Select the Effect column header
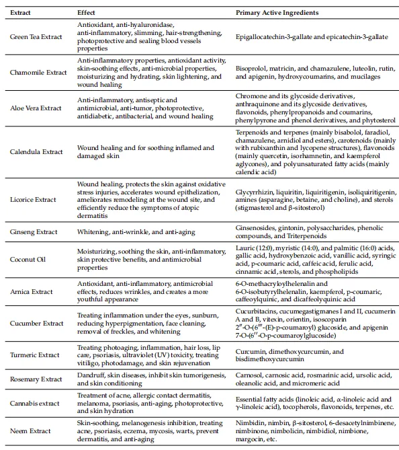click(x=85, y=13)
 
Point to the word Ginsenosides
click(x=257, y=227)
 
